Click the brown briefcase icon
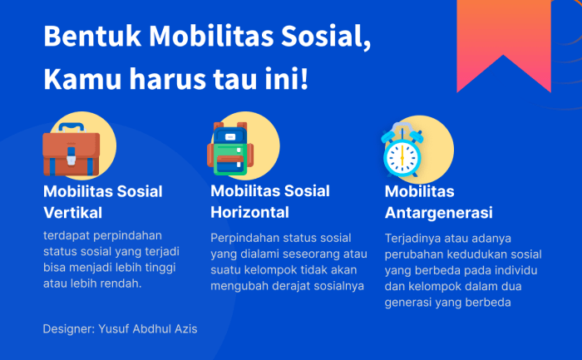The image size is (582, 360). click(x=72, y=150)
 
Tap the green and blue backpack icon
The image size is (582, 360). click(x=229, y=150)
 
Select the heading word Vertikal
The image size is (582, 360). click(x=72, y=212)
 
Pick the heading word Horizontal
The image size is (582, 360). click(x=249, y=212)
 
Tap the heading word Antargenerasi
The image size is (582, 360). click(x=438, y=212)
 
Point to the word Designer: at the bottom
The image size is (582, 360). click(x=68, y=329)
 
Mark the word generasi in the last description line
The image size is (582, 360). click(x=408, y=303)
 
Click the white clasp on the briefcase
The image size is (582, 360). click(x=71, y=154)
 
